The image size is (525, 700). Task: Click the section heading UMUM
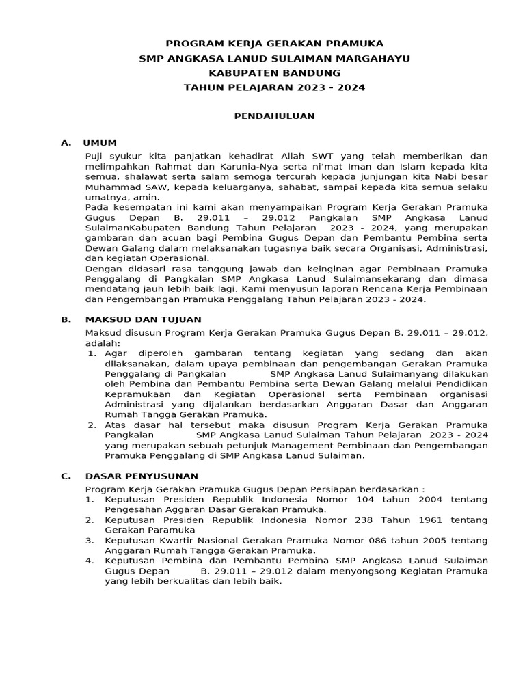(100, 143)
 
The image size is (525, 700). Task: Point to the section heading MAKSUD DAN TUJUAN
(143, 319)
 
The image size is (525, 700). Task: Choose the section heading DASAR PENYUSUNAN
(142, 476)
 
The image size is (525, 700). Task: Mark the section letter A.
(66, 143)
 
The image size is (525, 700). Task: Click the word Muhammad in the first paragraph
(111, 187)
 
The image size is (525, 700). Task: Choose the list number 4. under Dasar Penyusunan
(90, 561)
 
